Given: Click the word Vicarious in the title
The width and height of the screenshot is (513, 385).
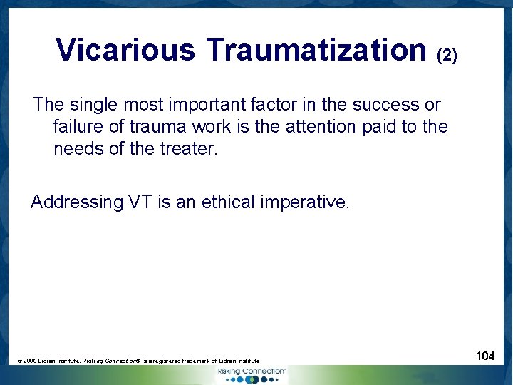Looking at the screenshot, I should (125, 50).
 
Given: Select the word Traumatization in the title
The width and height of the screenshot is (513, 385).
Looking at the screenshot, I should (316, 50).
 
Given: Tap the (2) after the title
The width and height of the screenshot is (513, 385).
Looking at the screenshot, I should (447, 54).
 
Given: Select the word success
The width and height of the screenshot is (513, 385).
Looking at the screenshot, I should (385, 105).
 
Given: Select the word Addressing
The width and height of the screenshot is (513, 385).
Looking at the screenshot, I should (77, 202).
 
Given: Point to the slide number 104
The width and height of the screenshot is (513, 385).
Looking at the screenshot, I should (485, 356).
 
